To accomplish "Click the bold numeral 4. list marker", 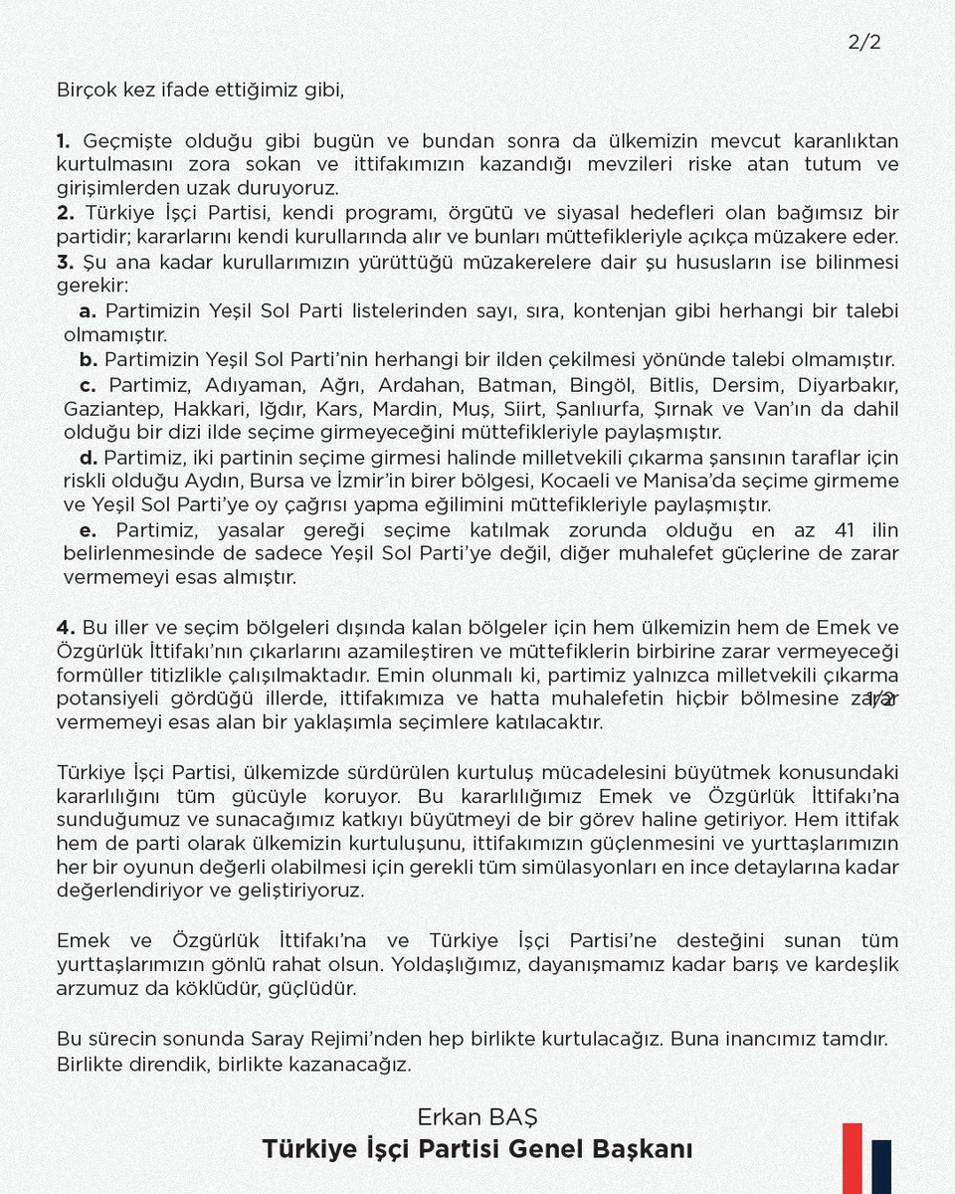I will click(66, 627).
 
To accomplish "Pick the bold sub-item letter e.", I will click(88, 529).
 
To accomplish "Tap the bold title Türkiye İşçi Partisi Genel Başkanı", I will click(477, 1149).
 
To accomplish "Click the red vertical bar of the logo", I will click(853, 1158).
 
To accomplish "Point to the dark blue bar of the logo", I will click(881, 1166).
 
